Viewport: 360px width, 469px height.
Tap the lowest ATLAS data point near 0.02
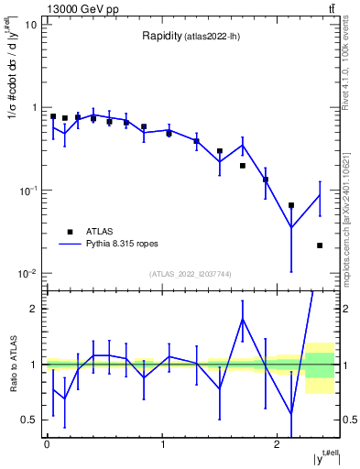(x=320, y=245)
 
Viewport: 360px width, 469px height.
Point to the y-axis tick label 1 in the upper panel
(x=34, y=108)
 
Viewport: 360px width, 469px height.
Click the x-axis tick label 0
(x=47, y=443)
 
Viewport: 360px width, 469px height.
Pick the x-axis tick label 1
(x=162, y=443)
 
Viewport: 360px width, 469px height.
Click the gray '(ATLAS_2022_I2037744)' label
(x=191, y=273)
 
